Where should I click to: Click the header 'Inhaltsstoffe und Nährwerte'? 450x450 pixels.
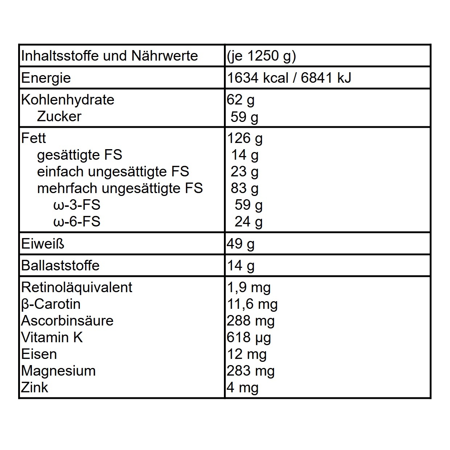click(109, 56)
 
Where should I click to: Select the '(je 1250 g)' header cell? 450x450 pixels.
click(261, 56)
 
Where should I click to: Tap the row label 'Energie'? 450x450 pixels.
click(46, 78)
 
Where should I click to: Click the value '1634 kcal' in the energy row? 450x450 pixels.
click(258, 78)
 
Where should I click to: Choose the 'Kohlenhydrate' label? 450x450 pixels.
click(68, 100)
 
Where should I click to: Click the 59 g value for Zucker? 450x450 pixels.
click(244, 117)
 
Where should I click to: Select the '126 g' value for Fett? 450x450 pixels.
click(245, 138)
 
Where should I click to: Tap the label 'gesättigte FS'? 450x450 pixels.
click(79, 155)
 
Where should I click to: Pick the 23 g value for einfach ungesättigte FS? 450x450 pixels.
click(244, 172)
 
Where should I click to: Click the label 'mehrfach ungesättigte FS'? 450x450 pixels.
click(120, 188)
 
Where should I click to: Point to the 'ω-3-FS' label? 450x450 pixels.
click(77, 205)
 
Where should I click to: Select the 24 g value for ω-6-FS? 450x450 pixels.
click(248, 222)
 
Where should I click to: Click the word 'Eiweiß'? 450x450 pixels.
click(42, 244)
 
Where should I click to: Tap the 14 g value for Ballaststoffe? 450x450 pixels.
click(241, 266)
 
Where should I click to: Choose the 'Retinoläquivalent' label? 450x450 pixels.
click(77, 287)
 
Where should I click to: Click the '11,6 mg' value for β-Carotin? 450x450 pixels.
click(252, 304)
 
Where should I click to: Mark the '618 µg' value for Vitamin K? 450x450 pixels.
click(249, 337)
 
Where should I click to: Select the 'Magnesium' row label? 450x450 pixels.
click(58, 371)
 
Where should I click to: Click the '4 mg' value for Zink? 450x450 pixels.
click(242, 388)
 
